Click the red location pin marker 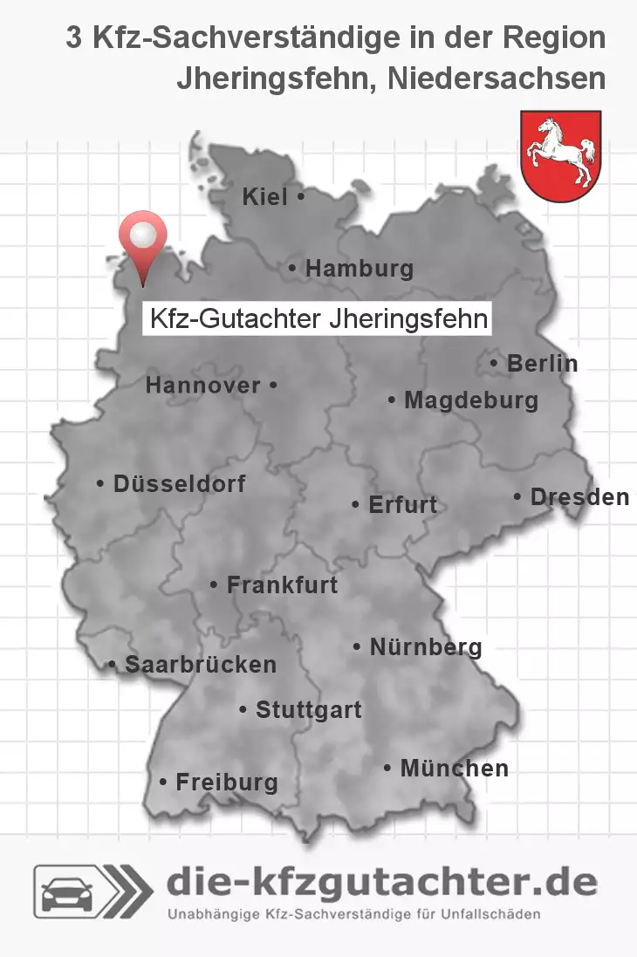142,238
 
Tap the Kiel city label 265,198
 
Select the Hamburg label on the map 359,269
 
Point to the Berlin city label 542,364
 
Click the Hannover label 203,385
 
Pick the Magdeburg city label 470,401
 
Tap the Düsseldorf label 179,483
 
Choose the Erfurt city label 402,505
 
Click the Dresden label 579,497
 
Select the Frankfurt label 281,584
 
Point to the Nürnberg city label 425,647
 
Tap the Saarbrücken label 200,665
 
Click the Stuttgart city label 308,710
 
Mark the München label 454,769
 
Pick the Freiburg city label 226,783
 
